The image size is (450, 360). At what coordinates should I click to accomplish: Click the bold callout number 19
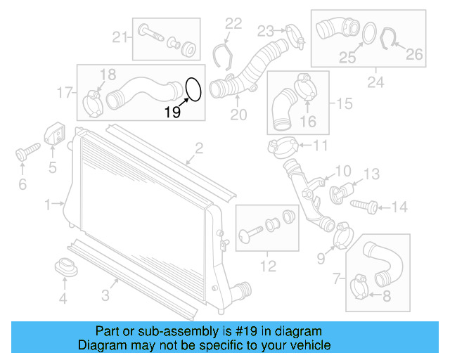(x=173, y=111)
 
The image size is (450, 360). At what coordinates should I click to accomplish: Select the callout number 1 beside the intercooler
(x=48, y=205)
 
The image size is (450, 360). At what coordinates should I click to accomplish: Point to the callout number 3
(x=105, y=296)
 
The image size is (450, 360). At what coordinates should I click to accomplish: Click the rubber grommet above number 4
(x=64, y=268)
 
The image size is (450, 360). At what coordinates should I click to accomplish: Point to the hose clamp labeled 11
(x=281, y=146)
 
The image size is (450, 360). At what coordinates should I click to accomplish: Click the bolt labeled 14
(x=367, y=205)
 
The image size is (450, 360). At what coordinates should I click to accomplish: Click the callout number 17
(x=65, y=91)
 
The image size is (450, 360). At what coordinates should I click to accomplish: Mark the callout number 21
(x=120, y=37)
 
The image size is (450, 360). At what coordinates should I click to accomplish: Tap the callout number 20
(x=238, y=115)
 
